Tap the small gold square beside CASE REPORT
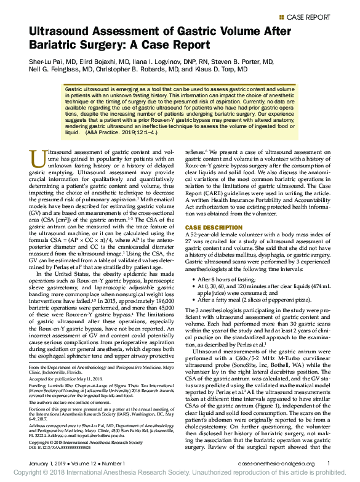[282, 17]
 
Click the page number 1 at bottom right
[328, 463]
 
